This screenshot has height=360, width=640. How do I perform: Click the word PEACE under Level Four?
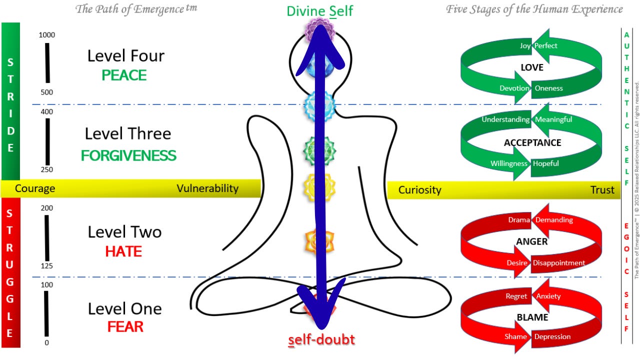(124, 75)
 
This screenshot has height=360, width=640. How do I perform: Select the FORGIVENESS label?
(128, 155)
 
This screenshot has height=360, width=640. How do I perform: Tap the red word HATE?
(123, 251)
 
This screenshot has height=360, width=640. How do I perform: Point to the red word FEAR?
(125, 327)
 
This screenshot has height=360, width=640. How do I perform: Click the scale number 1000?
(47, 35)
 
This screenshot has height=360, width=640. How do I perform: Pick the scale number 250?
(47, 170)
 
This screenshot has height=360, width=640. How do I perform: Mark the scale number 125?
(47, 266)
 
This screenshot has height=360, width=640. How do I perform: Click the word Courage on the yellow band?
(35, 188)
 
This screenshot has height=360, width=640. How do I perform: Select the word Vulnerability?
(207, 188)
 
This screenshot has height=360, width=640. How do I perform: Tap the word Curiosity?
(419, 190)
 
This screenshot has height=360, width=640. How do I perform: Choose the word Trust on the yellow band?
(602, 190)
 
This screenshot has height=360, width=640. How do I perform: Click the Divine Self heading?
(320, 11)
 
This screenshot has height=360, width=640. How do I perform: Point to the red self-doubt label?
(321, 340)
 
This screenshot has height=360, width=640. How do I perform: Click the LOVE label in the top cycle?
(531, 67)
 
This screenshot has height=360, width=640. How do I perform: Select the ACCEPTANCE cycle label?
(532, 142)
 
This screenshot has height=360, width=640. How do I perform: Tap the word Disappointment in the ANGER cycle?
(558, 263)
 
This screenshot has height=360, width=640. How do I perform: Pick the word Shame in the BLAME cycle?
(515, 336)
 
